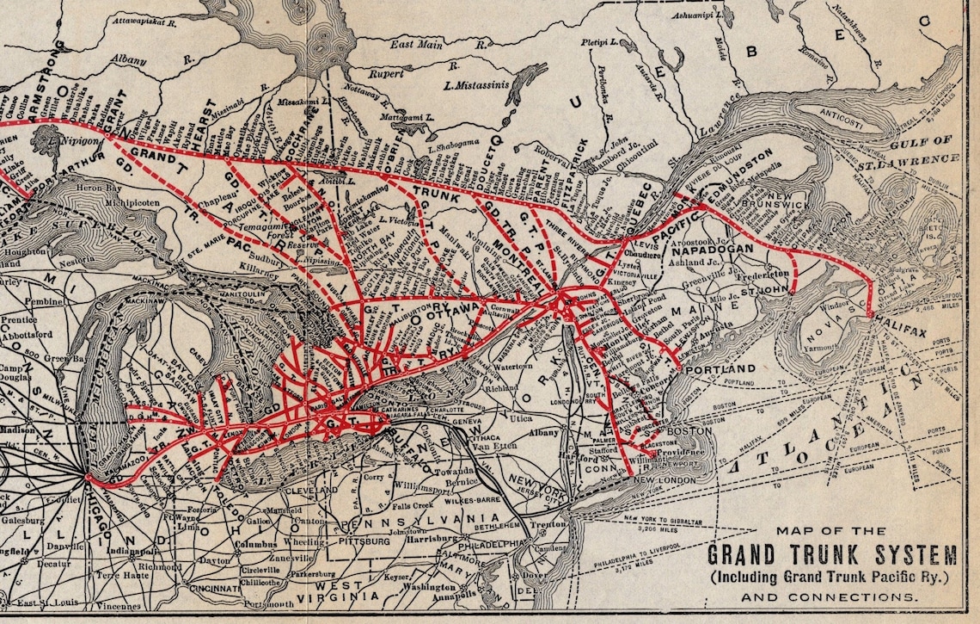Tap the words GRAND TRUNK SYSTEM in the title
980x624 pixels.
(x=832, y=553)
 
